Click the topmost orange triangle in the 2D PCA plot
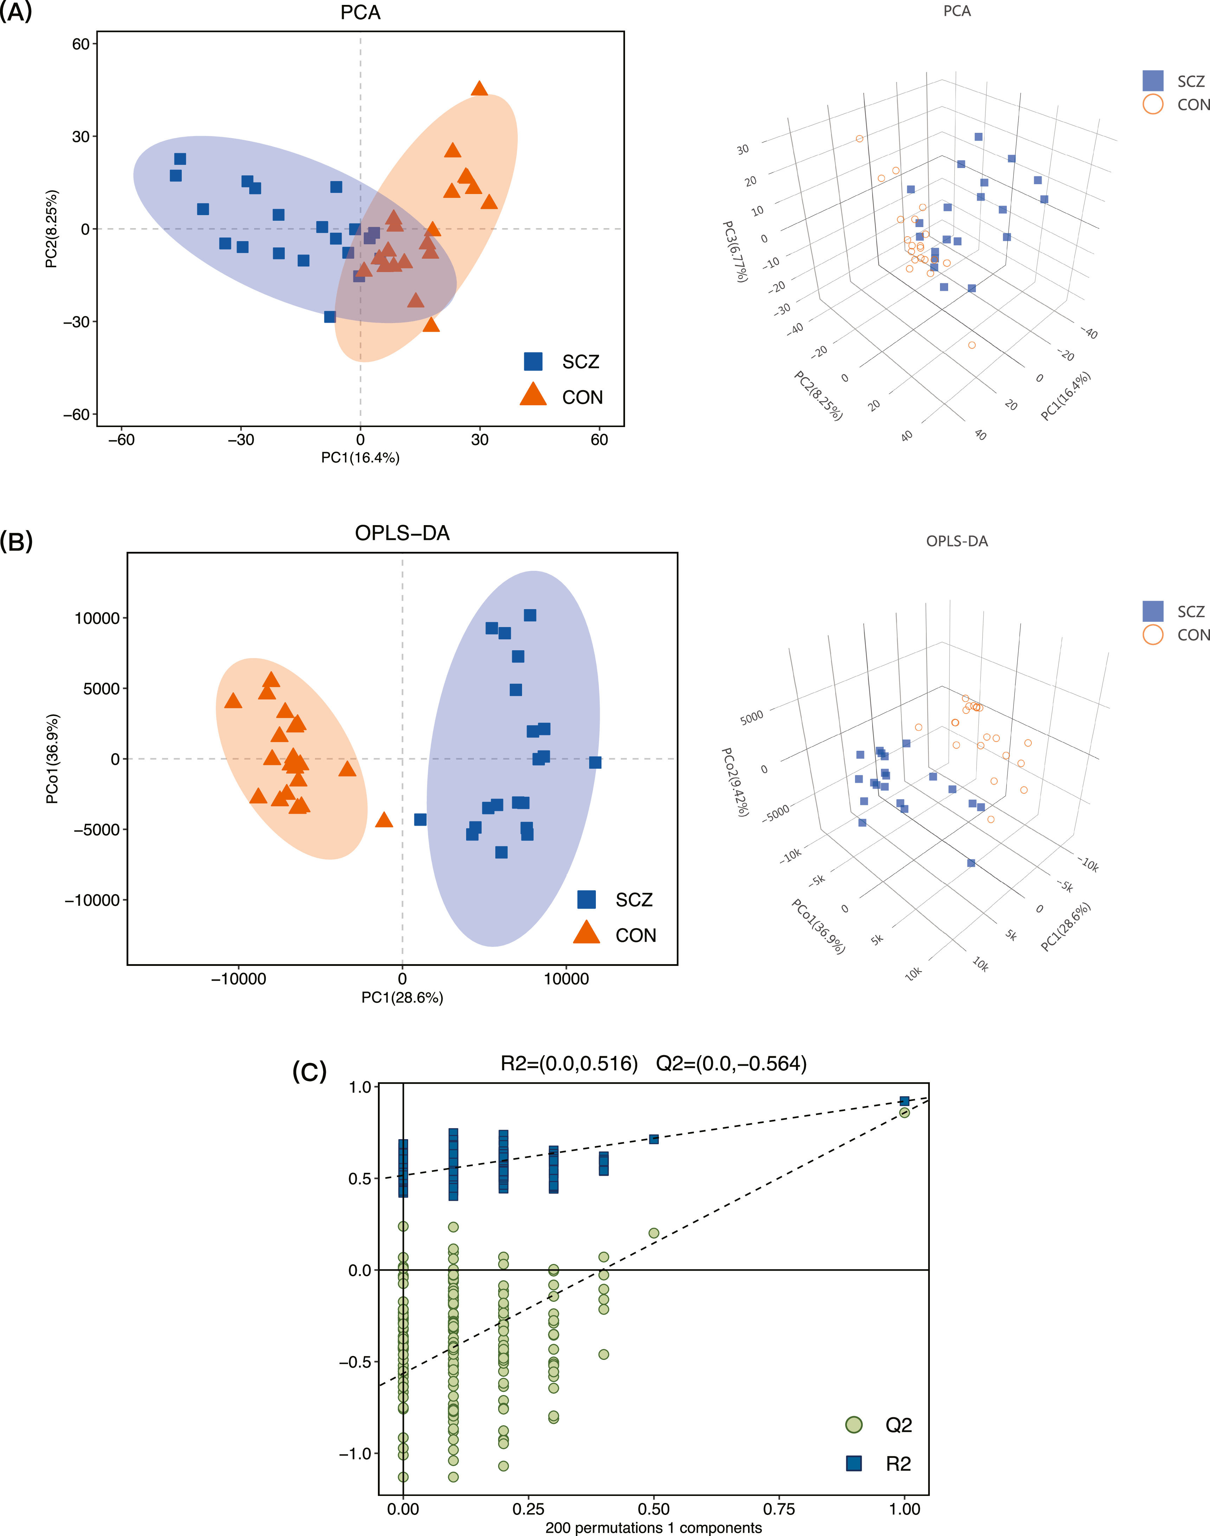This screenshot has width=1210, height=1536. click(480, 89)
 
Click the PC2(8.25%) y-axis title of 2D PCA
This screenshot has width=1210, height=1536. click(51, 229)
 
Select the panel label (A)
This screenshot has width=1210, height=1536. click(15, 12)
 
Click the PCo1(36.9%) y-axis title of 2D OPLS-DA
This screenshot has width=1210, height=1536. click(52, 759)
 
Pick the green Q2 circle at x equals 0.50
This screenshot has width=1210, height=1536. click(654, 1233)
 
